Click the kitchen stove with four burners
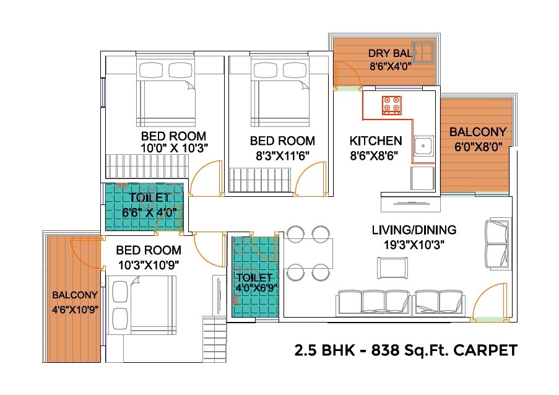391,105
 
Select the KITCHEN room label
376,141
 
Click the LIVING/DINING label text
414,230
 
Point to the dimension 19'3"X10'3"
414,245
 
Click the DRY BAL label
386,53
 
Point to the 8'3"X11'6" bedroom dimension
282,154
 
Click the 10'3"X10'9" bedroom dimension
149,264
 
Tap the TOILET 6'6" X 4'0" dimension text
149,212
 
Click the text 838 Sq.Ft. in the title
407,351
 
